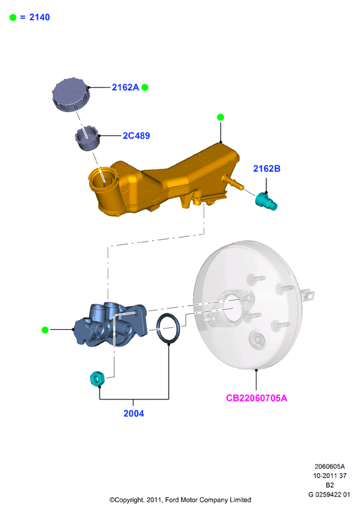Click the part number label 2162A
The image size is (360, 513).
(126, 88)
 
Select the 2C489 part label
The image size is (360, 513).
(136, 136)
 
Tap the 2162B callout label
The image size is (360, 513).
(266, 169)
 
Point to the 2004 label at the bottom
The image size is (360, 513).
(134, 413)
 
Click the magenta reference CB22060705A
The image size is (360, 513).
(256, 398)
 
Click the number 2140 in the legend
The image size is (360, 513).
(40, 17)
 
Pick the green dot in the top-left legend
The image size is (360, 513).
(13, 18)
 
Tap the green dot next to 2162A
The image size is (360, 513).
(145, 88)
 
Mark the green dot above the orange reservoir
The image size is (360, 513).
(221, 117)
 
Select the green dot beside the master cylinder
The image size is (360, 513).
(45, 330)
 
